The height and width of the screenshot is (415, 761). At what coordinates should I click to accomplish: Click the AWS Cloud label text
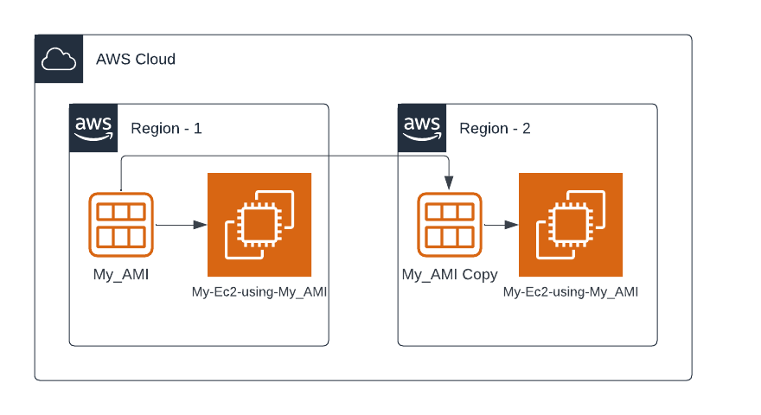click(136, 60)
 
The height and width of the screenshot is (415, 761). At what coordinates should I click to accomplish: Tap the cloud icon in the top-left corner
click(58, 59)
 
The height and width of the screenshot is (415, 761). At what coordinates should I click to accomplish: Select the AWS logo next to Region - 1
click(93, 128)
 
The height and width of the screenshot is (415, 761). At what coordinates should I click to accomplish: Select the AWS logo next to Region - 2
click(422, 128)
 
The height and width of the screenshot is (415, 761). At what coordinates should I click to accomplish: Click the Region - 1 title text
click(166, 129)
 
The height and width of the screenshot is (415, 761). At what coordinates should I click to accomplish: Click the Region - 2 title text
click(495, 129)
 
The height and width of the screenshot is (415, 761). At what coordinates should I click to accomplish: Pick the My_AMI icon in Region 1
click(121, 225)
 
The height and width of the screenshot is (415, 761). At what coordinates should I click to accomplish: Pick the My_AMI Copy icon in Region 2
click(450, 225)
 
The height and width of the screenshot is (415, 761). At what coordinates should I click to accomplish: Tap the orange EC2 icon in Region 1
click(259, 225)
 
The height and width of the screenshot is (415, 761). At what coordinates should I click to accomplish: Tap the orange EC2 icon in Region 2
click(571, 225)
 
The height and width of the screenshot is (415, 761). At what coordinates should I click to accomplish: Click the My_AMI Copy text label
click(450, 275)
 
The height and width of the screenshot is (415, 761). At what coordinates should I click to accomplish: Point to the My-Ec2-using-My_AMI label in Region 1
click(259, 292)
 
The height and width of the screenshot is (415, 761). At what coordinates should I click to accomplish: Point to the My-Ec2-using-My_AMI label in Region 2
click(571, 292)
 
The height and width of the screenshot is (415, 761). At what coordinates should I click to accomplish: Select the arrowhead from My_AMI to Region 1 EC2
click(200, 225)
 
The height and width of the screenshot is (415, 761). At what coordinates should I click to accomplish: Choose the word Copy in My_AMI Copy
click(479, 275)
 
